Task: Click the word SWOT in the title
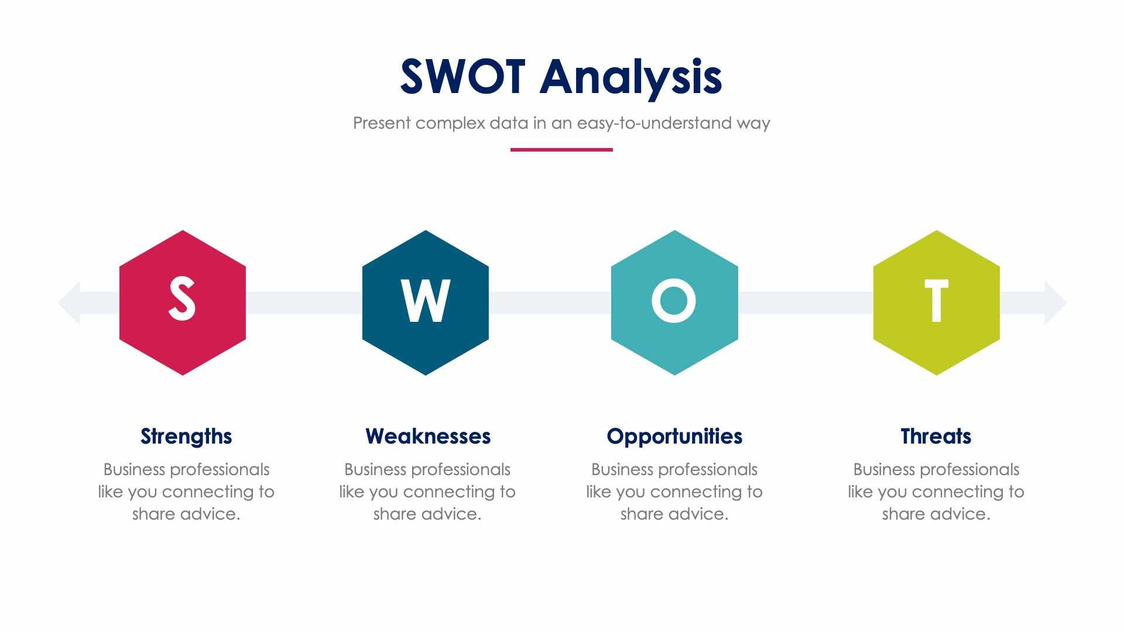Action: pyautogui.click(x=462, y=77)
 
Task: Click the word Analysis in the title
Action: pyautogui.click(x=630, y=77)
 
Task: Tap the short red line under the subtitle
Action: pyautogui.click(x=561, y=150)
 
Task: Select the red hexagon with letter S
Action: pyautogui.click(x=183, y=303)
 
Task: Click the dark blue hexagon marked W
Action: pyautogui.click(x=426, y=303)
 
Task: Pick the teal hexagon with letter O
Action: pyautogui.click(x=674, y=303)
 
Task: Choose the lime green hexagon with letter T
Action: pyautogui.click(x=936, y=303)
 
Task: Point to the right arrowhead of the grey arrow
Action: pyautogui.click(x=1055, y=303)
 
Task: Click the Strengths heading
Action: pyautogui.click(x=186, y=437)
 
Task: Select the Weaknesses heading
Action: pyautogui.click(x=428, y=437)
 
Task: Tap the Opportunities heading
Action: pyautogui.click(x=674, y=437)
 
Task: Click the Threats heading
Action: pyautogui.click(x=935, y=437)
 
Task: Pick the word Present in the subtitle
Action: pyautogui.click(x=382, y=123)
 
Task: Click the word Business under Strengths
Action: pyautogui.click(x=134, y=470)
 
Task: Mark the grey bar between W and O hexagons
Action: pyautogui.click(x=550, y=303)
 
